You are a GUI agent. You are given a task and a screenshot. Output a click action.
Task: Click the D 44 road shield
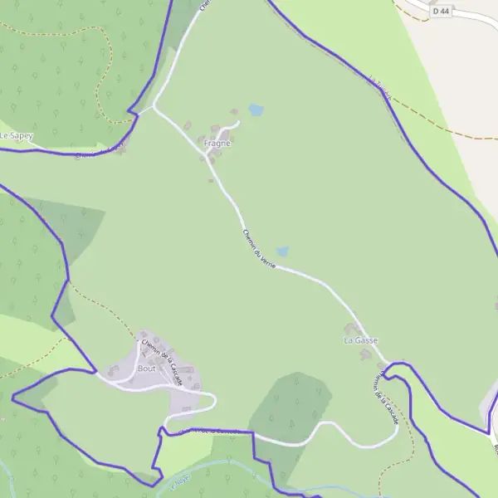[441, 12]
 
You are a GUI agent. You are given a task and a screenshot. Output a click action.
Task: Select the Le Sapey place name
[16, 135]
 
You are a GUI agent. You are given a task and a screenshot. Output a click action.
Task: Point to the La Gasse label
[360, 340]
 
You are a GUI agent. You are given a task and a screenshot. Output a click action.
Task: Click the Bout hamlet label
[147, 368]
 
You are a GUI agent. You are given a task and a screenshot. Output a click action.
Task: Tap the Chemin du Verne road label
[259, 247]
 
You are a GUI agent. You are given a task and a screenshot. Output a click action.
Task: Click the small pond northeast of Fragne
[256, 110]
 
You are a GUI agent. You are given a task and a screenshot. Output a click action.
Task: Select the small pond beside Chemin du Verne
[282, 251]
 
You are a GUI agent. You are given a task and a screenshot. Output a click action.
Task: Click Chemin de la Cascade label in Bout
[162, 358]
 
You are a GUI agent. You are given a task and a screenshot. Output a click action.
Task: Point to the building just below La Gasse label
[364, 354]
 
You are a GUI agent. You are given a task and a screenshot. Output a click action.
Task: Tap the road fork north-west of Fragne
[154, 108]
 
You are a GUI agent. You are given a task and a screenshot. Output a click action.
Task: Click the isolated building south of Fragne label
[210, 157]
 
